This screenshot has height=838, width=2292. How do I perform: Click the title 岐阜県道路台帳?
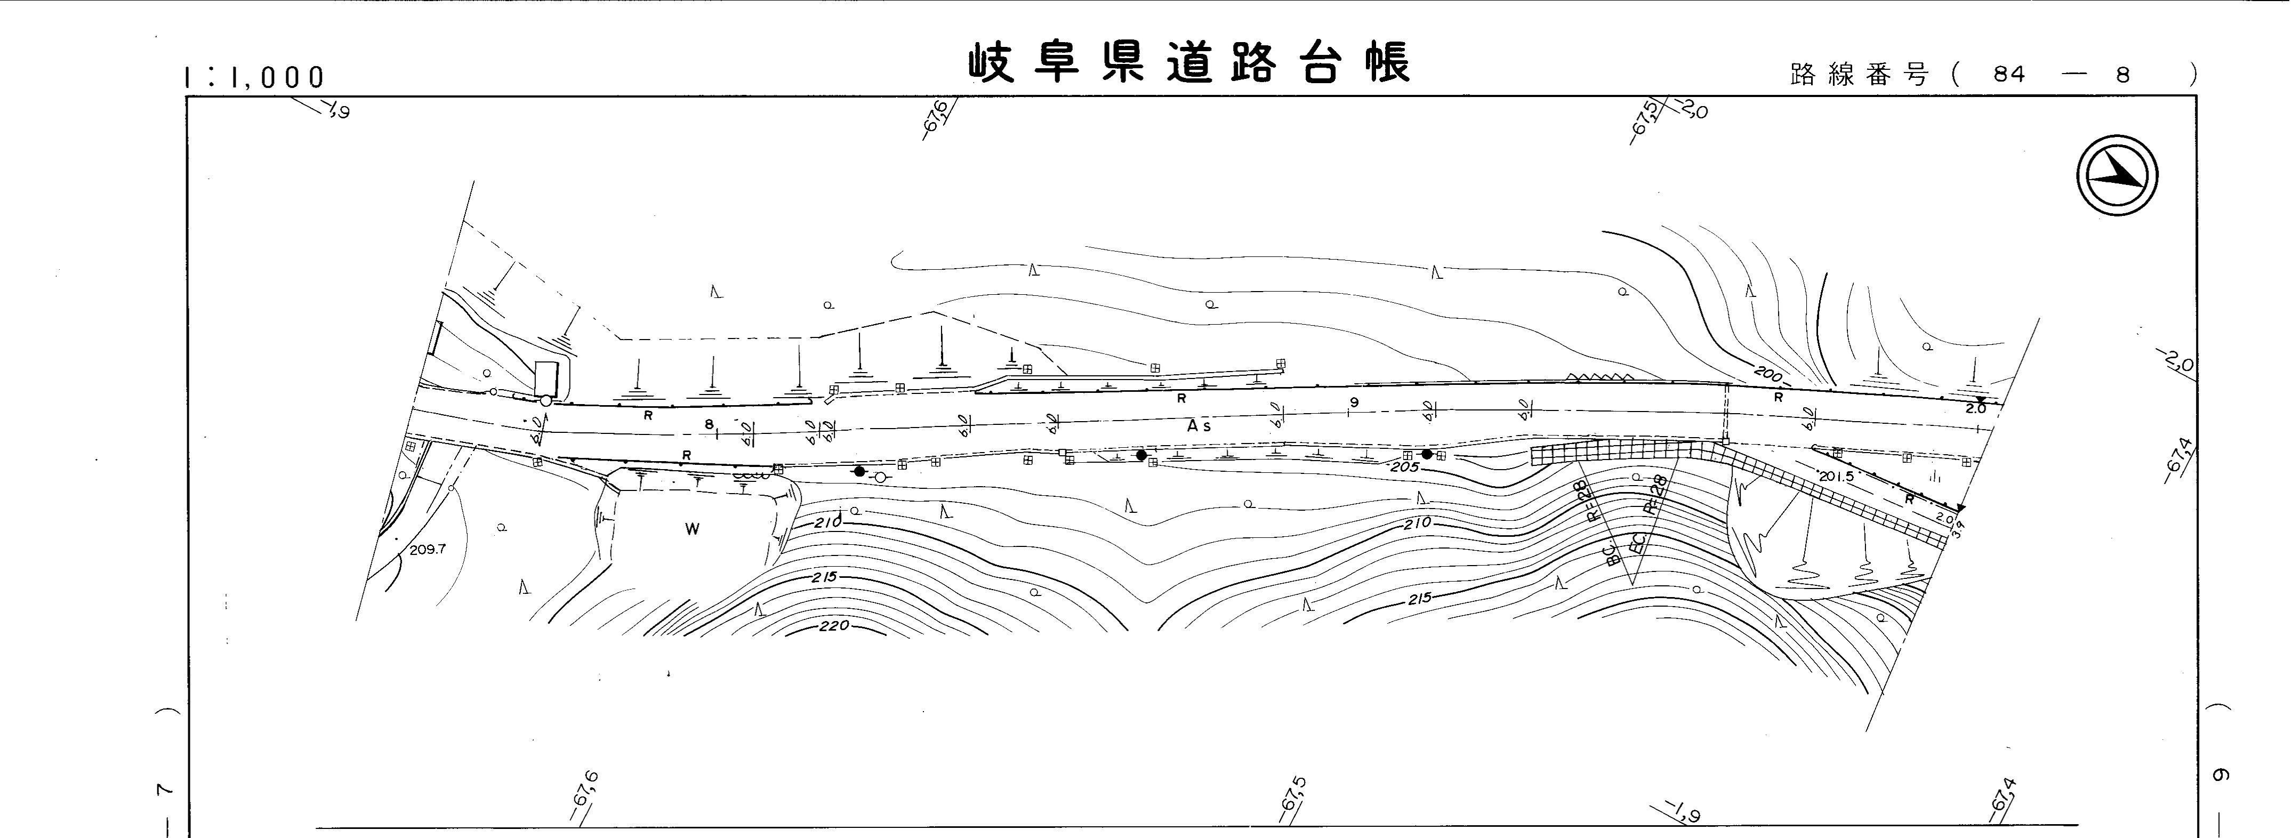pos(1189,64)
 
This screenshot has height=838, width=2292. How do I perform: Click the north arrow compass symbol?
pos(2118,179)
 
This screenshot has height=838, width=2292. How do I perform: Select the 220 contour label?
pos(834,625)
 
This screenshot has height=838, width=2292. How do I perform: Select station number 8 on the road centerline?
pos(709,424)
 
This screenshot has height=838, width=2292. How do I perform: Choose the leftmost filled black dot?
pos(858,471)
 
